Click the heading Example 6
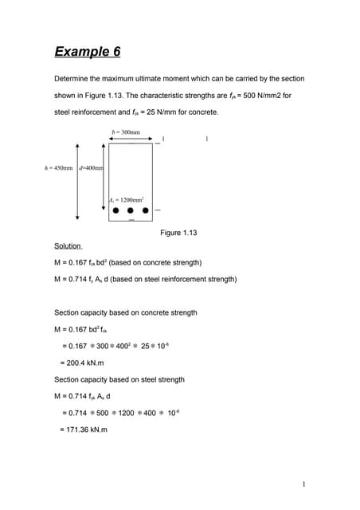point(88,53)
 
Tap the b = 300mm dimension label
point(127,131)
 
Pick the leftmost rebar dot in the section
point(116,211)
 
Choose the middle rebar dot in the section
point(131,211)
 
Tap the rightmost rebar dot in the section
point(146,211)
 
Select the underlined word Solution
point(67,246)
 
